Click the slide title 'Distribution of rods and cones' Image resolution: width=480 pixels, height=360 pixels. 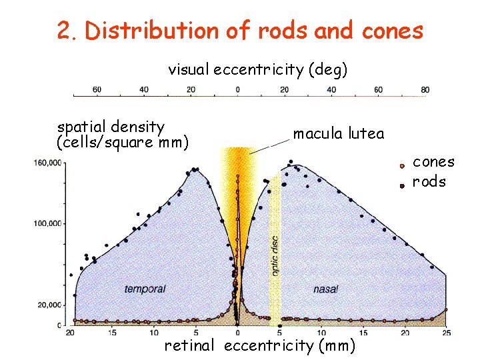[240, 31]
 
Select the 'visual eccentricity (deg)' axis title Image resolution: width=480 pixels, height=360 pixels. [257, 69]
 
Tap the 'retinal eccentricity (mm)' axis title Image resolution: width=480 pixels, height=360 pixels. [260, 345]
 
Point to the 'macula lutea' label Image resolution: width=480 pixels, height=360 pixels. [339, 134]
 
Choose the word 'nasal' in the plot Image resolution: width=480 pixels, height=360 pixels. [325, 289]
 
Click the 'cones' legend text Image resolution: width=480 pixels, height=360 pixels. [433, 162]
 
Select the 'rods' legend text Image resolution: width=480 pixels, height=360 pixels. [429, 182]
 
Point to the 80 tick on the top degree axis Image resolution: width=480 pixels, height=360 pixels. [425, 89]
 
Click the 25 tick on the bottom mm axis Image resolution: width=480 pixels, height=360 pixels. [445, 333]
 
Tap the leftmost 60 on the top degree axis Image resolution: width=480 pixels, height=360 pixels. [97, 89]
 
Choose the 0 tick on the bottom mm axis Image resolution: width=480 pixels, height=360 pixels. [237, 333]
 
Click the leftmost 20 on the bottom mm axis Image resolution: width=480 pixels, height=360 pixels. [71, 333]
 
